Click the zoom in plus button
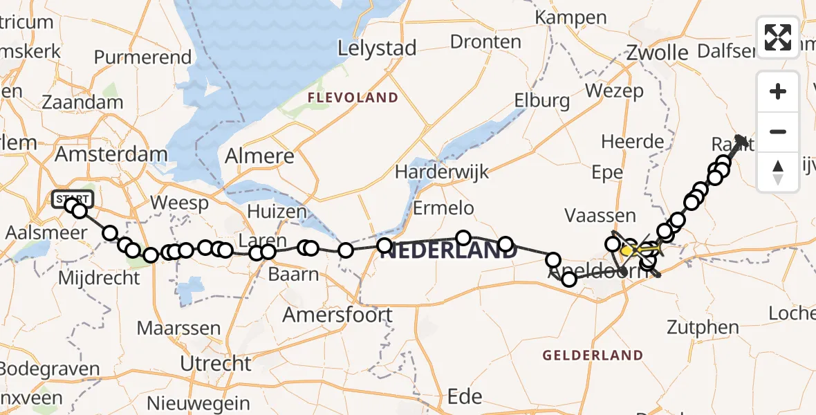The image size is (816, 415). click(778, 91)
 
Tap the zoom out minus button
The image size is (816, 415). click(778, 131)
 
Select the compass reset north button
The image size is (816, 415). click(778, 172)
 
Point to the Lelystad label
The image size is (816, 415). click(377, 48)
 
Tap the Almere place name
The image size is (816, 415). click(260, 156)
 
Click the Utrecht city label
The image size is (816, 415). click(215, 363)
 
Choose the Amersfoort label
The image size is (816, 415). click(337, 315)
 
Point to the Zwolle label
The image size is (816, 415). click(657, 53)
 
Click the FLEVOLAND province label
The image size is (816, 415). click(353, 98)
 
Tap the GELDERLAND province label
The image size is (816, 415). click(593, 356)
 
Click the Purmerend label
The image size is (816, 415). click(142, 57)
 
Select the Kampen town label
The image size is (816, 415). click(565, 17)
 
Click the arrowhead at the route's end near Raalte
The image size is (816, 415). click(743, 140)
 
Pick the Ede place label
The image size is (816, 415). click(465, 396)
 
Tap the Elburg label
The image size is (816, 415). click(541, 101)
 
